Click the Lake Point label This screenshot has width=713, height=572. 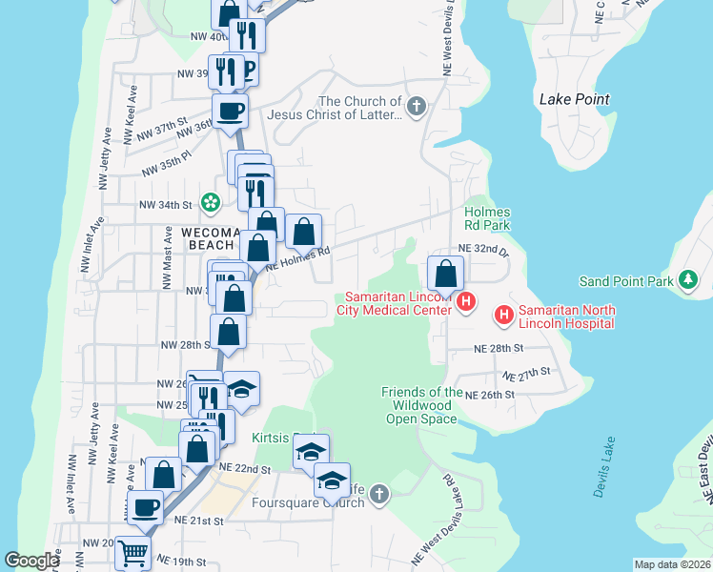(574, 99)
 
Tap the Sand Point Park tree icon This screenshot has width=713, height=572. (686, 280)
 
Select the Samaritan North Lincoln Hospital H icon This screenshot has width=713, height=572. (501, 314)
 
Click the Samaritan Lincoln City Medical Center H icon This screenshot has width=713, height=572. (466, 303)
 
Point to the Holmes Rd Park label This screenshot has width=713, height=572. (487, 218)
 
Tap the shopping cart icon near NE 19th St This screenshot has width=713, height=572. (132, 551)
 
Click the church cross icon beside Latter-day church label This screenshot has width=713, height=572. (416, 107)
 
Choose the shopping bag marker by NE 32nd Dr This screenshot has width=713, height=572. (445, 274)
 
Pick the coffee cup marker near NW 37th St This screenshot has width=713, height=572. (230, 111)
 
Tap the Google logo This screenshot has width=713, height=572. (31, 561)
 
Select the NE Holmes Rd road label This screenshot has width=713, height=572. (297, 259)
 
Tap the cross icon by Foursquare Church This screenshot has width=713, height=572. (379, 493)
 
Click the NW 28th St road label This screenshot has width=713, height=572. (183, 344)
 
